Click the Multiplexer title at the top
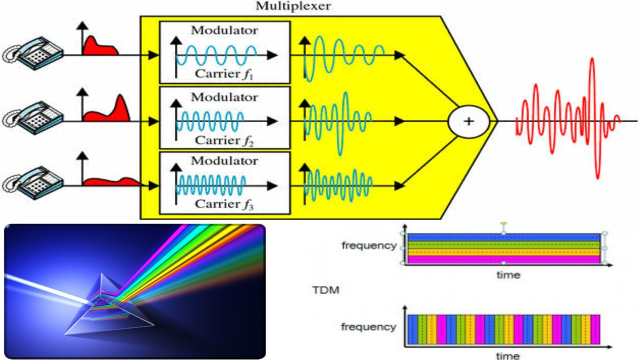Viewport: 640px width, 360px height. [293, 6]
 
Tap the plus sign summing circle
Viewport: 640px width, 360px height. [468, 121]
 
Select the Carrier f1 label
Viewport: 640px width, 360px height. [224, 74]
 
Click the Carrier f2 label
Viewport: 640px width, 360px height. [224, 140]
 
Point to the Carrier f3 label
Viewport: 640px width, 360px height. [224, 204]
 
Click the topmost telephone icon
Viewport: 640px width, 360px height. [33, 53]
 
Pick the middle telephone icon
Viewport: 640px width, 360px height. [33, 118]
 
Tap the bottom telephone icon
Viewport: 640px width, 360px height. [33, 183]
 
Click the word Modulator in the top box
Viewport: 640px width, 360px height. [224, 30]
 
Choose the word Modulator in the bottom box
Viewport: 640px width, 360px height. [224, 161]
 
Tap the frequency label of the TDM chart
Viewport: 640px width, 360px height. [368, 327]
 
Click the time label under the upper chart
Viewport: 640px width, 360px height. [508, 274]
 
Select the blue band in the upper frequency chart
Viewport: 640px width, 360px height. [503, 237]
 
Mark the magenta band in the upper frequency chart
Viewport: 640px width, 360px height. [503, 259]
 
